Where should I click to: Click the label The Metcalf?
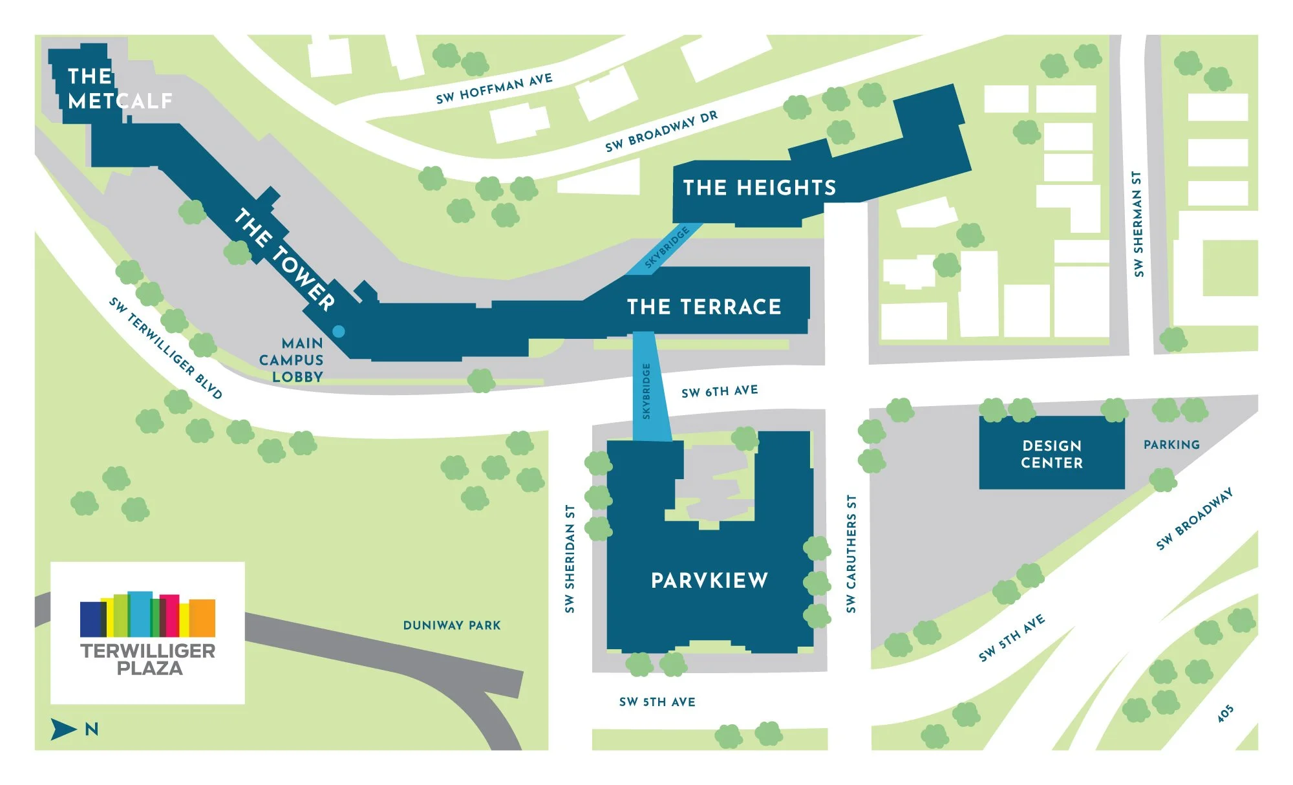(x=120, y=89)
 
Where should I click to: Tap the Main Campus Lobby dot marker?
(x=338, y=332)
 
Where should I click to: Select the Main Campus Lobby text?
(x=292, y=360)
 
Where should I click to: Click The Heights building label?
(x=760, y=188)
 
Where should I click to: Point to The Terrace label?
(x=704, y=306)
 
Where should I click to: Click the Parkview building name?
(x=709, y=581)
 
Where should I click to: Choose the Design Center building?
(x=1051, y=454)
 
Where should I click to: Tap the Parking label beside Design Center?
(x=1171, y=445)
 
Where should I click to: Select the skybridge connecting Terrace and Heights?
(x=667, y=248)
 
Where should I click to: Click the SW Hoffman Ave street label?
(x=494, y=89)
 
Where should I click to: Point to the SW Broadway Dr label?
(x=661, y=131)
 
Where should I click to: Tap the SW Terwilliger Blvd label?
(x=166, y=349)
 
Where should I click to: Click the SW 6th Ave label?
(x=720, y=391)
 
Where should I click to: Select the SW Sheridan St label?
(x=570, y=559)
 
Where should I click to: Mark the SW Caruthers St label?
(x=851, y=554)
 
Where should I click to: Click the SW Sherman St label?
(x=1138, y=224)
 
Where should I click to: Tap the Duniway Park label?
(x=452, y=625)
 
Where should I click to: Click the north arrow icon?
(x=64, y=729)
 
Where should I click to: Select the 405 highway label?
(x=1225, y=714)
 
